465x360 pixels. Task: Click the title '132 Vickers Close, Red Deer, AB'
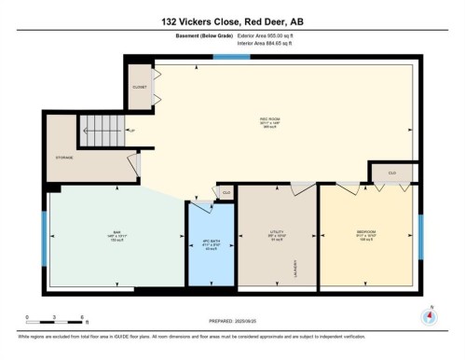coord(232,19)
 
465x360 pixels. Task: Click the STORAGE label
coord(65,158)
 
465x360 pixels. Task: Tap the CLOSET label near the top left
coord(139,88)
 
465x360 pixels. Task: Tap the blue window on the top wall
coord(225,58)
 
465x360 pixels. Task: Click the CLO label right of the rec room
coord(391,173)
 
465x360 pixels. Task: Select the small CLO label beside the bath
coord(226,193)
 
